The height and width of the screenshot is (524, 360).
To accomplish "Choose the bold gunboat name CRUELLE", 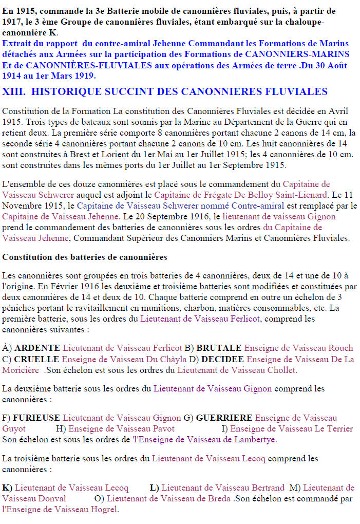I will [x=36, y=359].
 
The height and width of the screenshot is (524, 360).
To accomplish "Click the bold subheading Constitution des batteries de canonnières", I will [x=84, y=256].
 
